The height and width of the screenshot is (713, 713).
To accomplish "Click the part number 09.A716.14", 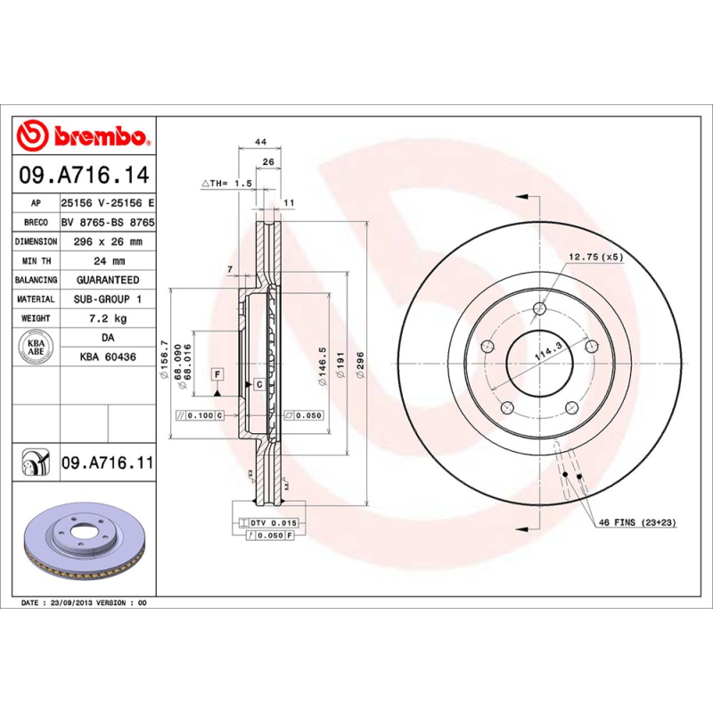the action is point(84,175).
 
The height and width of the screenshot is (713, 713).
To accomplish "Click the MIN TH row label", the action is point(37,261).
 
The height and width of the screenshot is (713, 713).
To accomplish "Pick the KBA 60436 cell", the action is point(107,356).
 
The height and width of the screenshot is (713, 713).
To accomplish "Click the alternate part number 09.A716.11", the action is point(107,463).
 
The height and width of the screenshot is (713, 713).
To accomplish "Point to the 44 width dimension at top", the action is point(261,142).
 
